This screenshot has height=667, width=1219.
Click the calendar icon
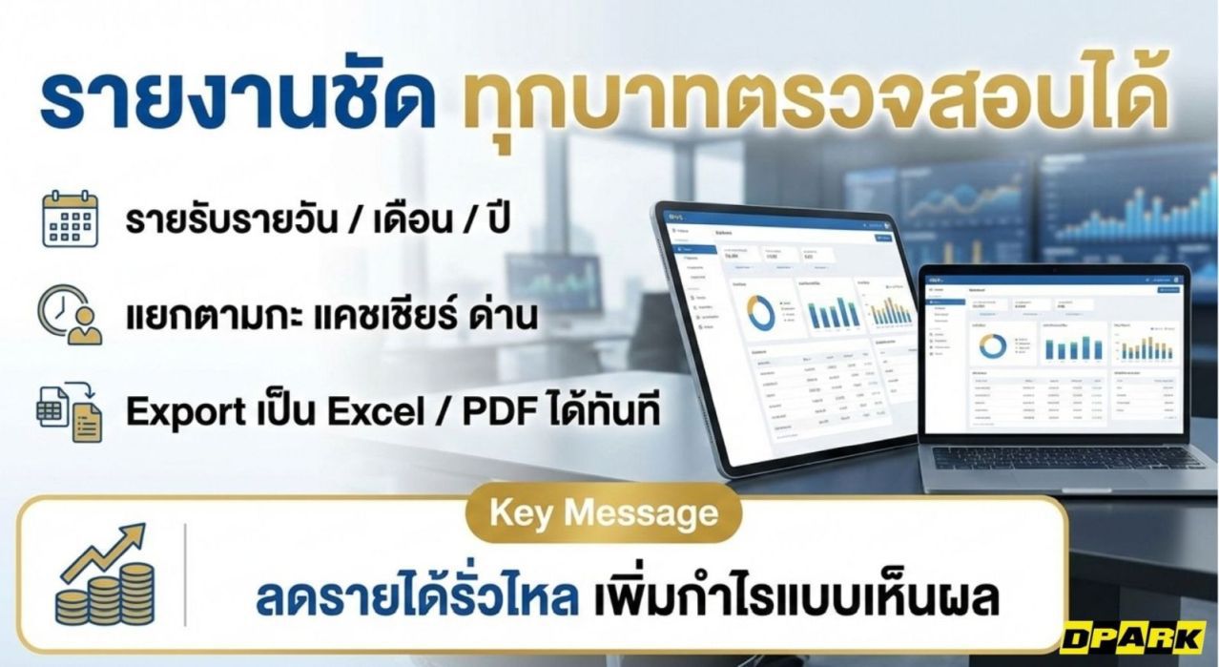pyautogui.click(x=70, y=220)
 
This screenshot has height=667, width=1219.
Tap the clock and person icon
pyautogui.click(x=70, y=316)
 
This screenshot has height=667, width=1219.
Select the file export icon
pyautogui.click(x=70, y=411)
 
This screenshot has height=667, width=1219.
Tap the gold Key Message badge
pyautogui.click(x=603, y=514)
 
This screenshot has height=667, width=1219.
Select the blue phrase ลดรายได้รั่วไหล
pyautogui.click(x=416, y=598)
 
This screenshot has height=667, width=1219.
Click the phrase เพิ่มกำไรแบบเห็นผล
pyautogui.click(x=795, y=598)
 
